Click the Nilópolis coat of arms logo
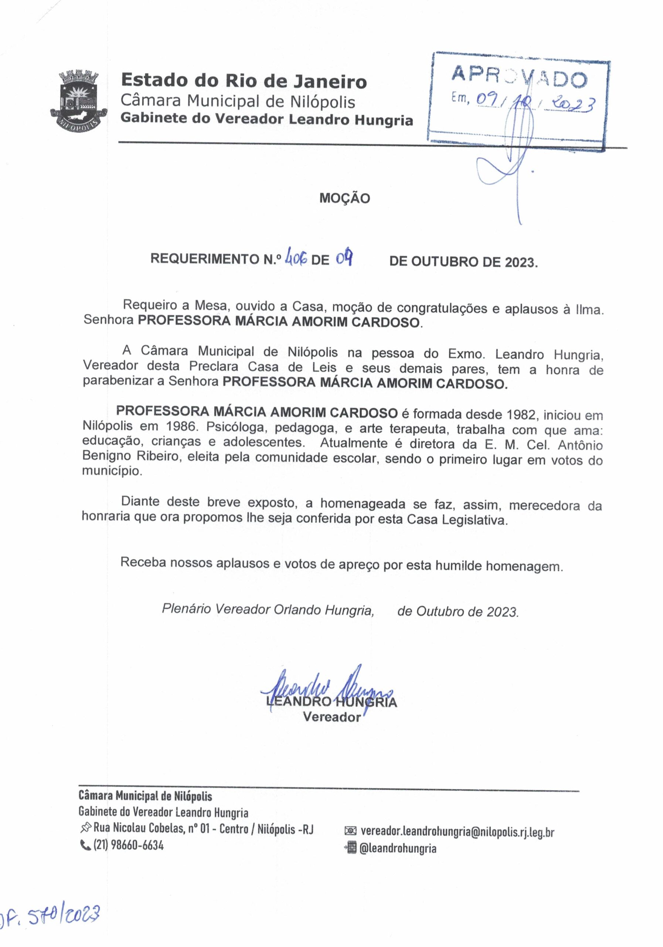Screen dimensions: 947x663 click(79, 100)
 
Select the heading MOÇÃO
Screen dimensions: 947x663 click(344, 198)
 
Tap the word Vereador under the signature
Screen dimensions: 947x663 click(332, 717)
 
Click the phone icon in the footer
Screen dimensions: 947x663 click(85, 846)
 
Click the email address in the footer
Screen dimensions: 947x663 click(457, 832)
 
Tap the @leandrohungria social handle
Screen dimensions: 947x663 click(398, 849)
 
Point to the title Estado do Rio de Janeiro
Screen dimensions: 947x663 click(244, 81)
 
